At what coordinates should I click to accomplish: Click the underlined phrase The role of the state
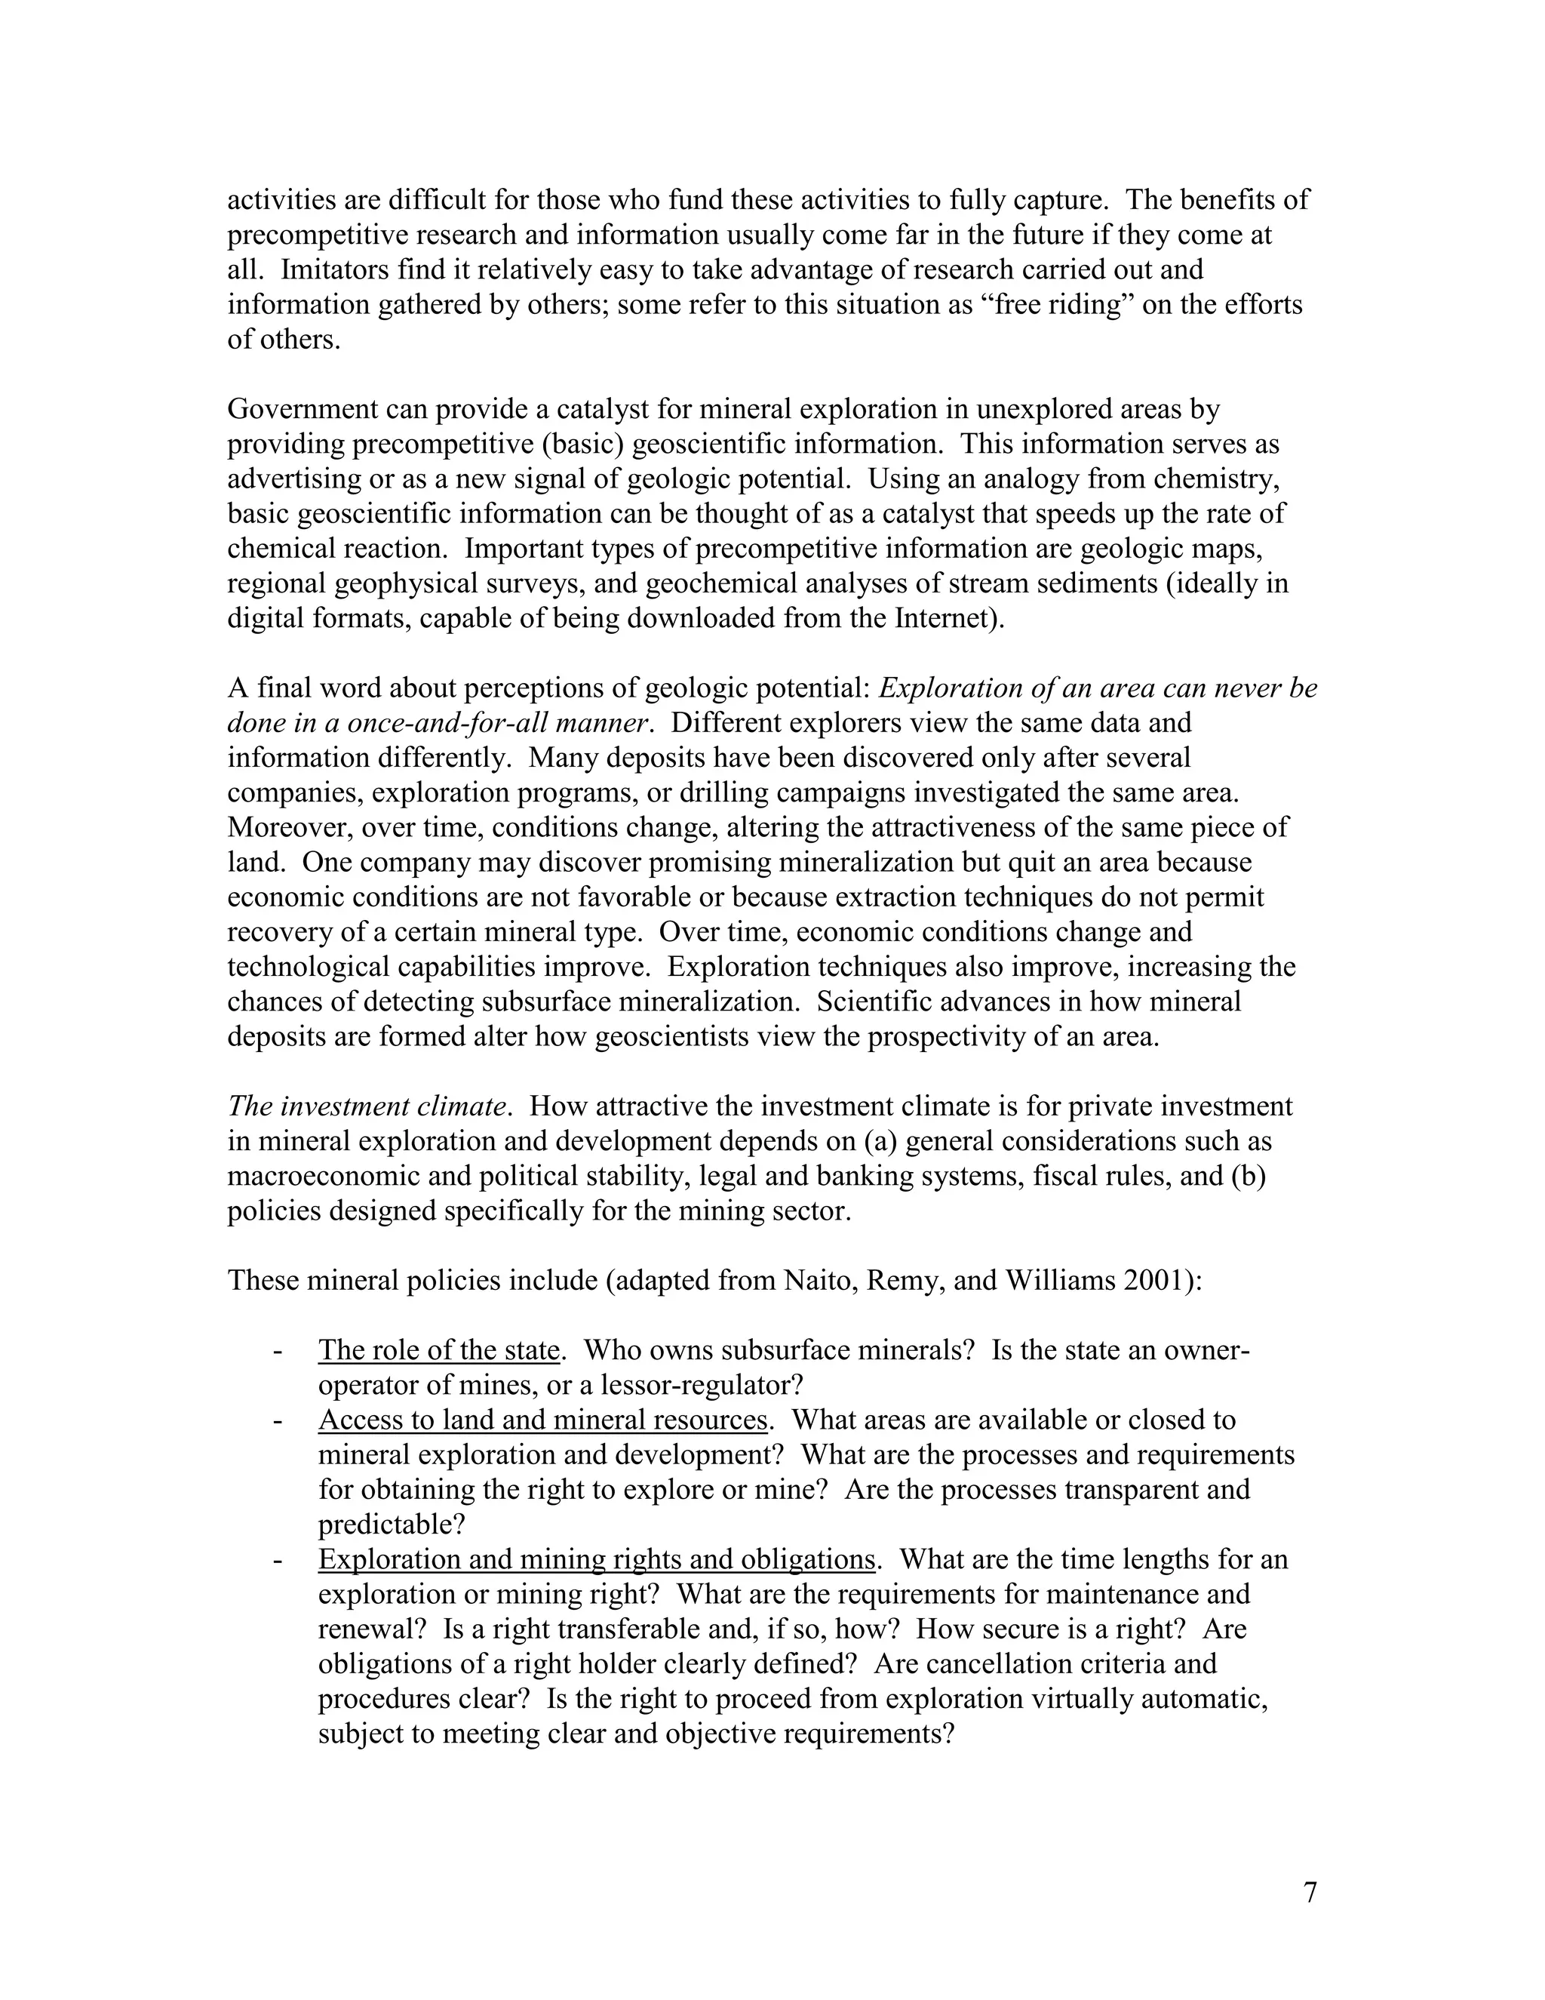[438, 1351]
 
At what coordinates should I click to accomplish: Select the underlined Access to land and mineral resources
[542, 1420]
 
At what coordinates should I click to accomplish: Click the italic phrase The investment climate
[366, 1106]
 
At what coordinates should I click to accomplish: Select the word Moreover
[289, 828]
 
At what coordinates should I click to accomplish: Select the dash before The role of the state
[275, 1352]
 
